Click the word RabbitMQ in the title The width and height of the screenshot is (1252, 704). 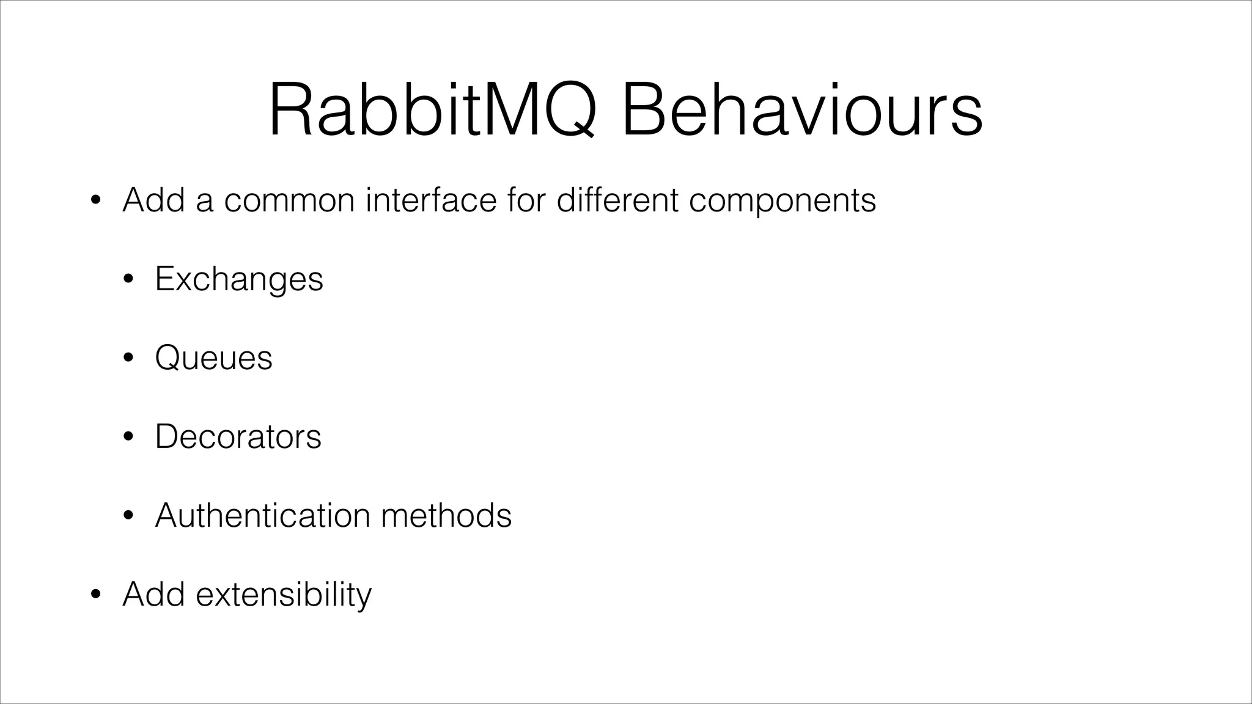click(x=432, y=110)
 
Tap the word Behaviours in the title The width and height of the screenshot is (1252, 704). click(x=801, y=110)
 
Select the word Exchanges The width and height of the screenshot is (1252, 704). click(x=239, y=279)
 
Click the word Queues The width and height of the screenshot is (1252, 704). click(x=213, y=358)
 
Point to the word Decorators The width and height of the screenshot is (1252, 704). click(x=238, y=436)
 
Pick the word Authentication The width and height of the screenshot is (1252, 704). click(x=262, y=515)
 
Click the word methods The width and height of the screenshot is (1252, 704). click(x=446, y=515)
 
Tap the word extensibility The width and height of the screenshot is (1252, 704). click(x=284, y=595)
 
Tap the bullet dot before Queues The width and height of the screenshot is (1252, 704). click(x=127, y=359)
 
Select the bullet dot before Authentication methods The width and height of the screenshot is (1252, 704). click(x=127, y=516)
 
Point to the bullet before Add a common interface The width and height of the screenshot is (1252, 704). click(x=95, y=201)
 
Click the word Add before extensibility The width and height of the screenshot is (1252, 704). click(x=153, y=594)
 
